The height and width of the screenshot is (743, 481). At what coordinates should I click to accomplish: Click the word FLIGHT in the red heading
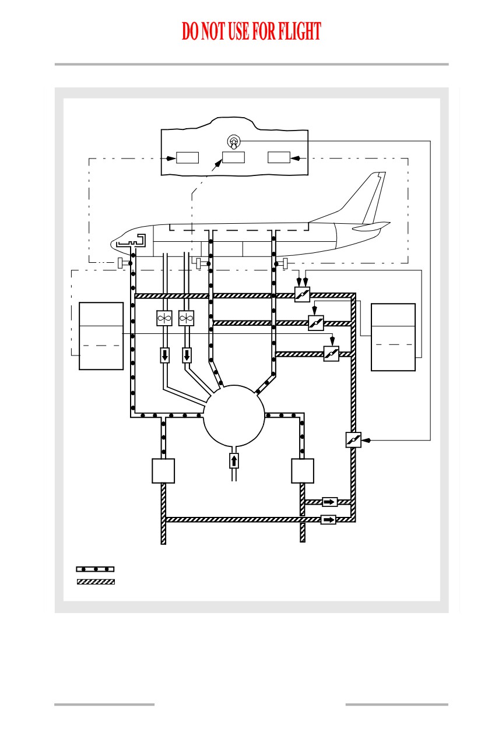click(300, 31)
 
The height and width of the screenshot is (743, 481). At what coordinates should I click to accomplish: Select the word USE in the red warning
click(238, 31)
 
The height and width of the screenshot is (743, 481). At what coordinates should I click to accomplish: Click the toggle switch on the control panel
click(234, 142)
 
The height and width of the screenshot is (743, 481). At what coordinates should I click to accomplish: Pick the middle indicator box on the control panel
click(233, 157)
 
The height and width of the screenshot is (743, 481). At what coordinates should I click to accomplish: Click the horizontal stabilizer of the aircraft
click(371, 227)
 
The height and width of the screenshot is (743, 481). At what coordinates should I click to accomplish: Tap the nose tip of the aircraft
click(111, 244)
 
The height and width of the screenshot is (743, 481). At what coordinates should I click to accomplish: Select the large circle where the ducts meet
click(234, 416)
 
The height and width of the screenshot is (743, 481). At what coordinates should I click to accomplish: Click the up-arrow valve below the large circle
click(234, 461)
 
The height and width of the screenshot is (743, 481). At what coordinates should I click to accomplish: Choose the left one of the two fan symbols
click(164, 318)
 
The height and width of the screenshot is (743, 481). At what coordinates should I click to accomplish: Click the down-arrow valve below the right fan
click(187, 355)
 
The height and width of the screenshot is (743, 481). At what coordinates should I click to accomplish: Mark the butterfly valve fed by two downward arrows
click(303, 294)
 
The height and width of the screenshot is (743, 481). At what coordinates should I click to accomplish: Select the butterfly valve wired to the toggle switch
click(353, 440)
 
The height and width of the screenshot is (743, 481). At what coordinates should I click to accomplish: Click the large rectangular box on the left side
click(101, 336)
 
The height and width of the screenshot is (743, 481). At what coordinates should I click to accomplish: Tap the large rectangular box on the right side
click(393, 337)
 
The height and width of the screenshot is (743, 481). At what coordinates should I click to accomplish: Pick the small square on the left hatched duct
click(163, 471)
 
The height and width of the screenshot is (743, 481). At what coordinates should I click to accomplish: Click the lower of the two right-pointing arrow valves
click(328, 519)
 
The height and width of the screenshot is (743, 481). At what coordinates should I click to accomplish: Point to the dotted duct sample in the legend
click(95, 569)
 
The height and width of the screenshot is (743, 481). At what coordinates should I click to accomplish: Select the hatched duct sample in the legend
click(96, 582)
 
